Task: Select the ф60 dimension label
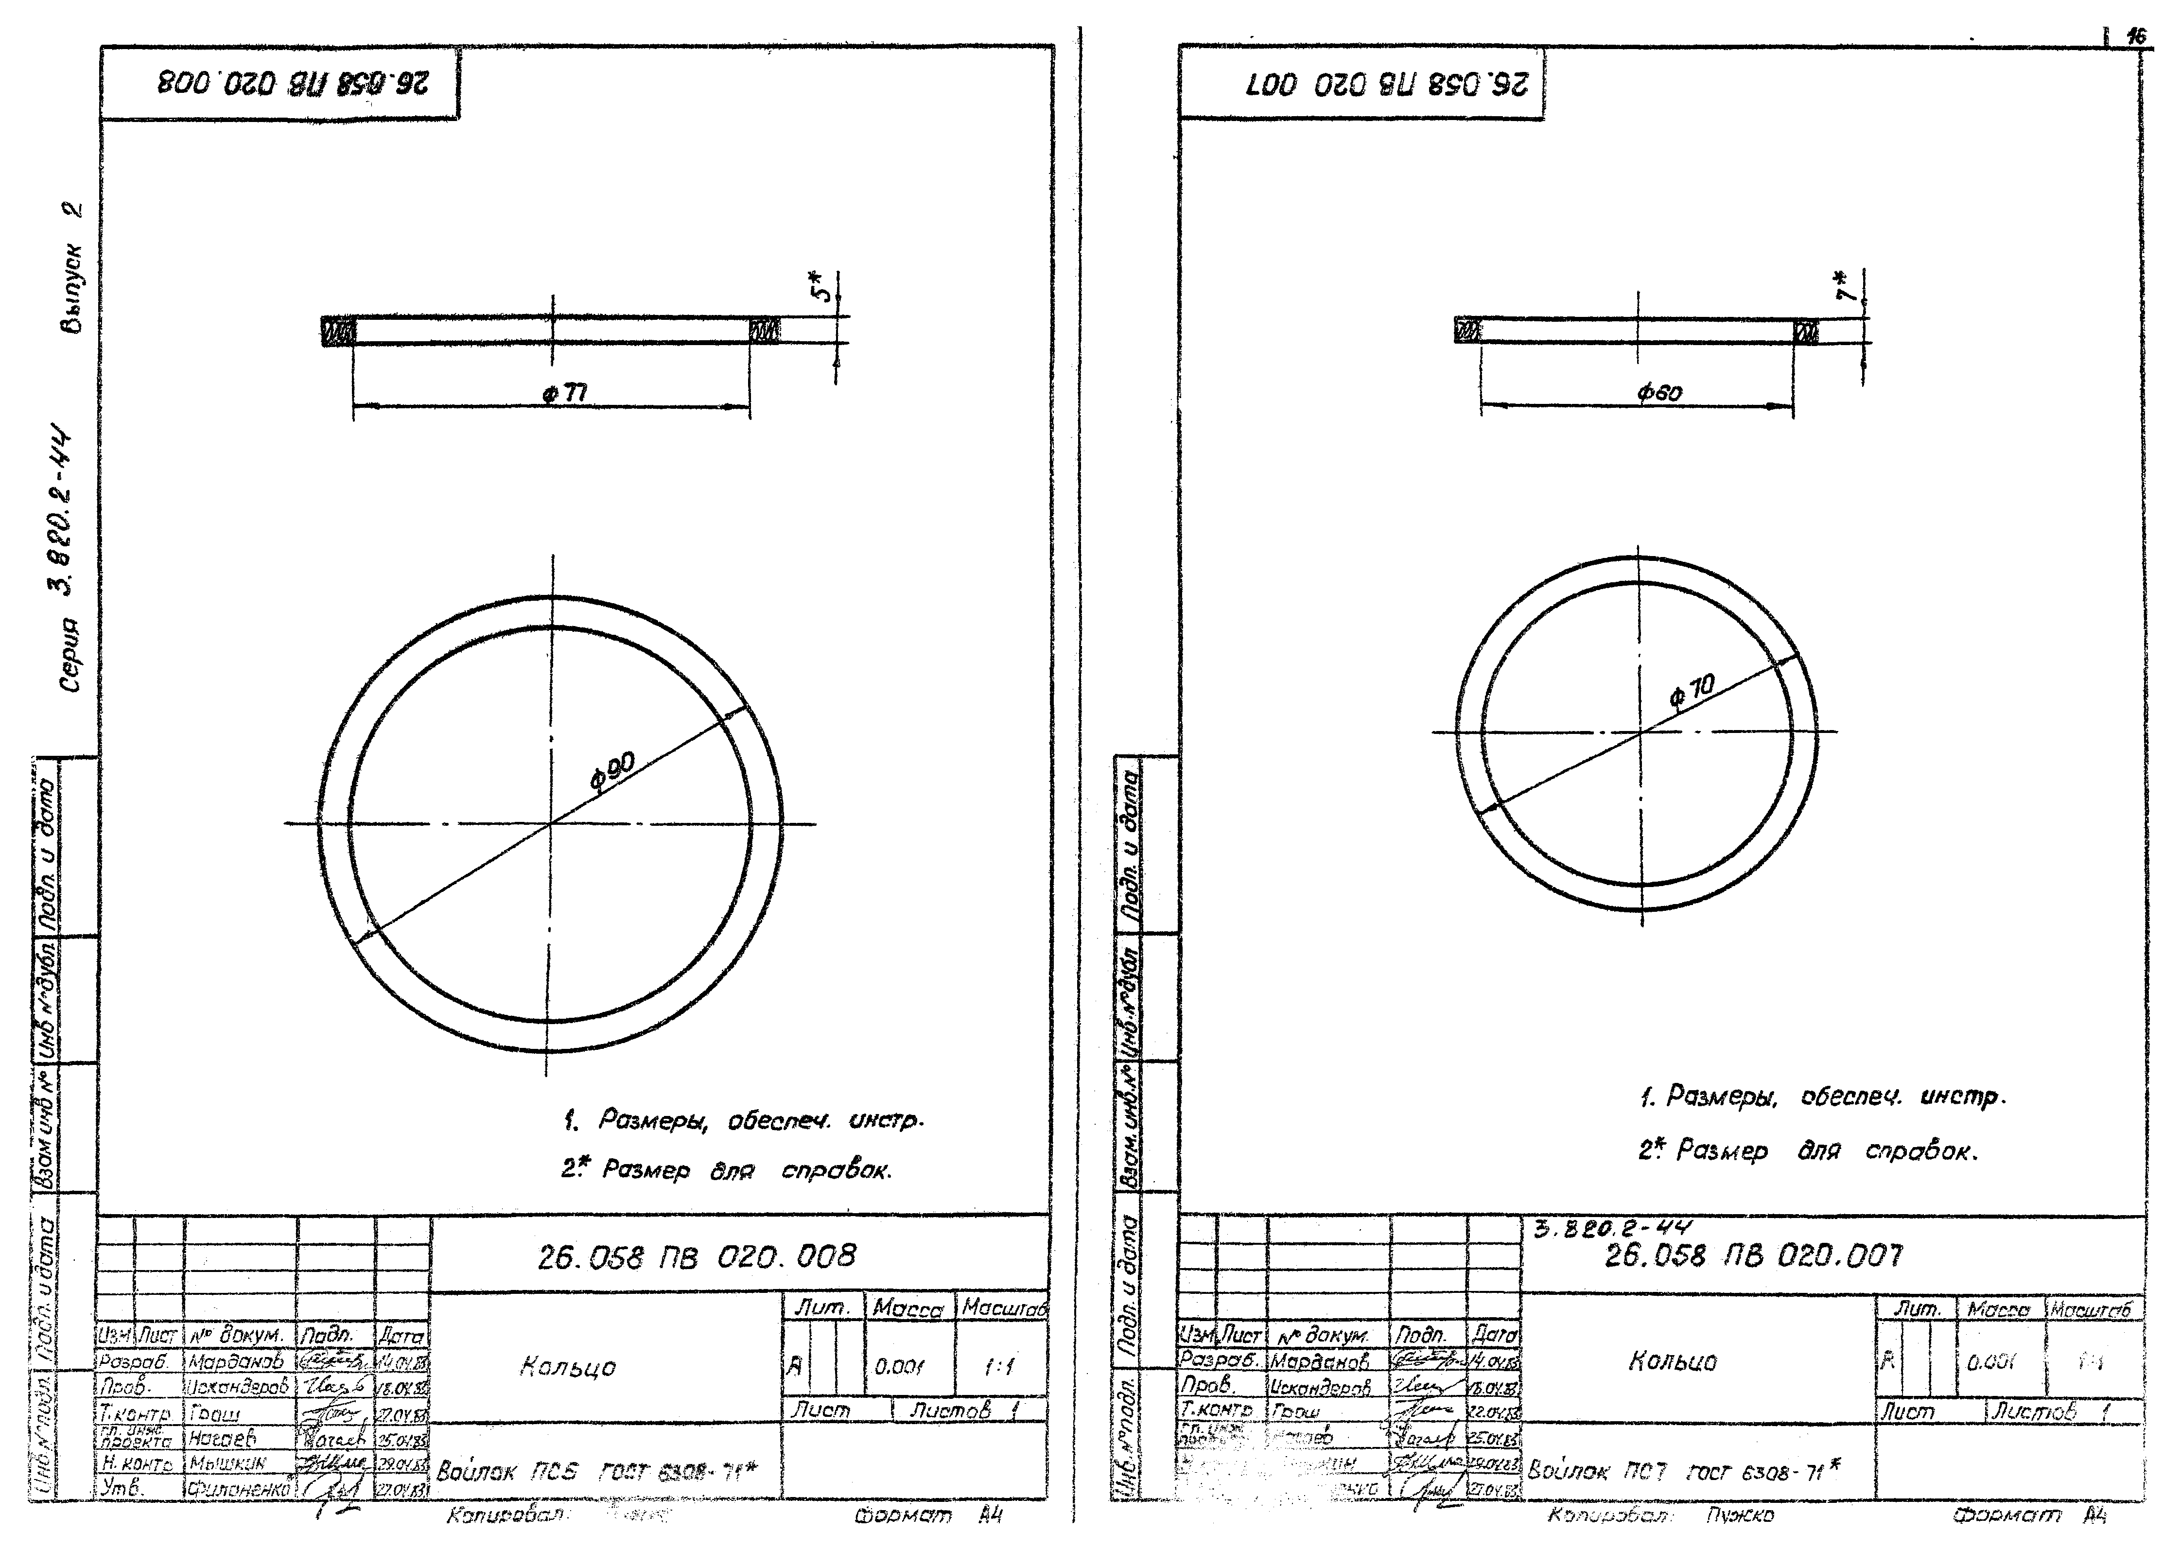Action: coord(1660,391)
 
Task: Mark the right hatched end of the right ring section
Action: coord(1805,332)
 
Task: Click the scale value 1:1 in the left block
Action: coord(999,1367)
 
